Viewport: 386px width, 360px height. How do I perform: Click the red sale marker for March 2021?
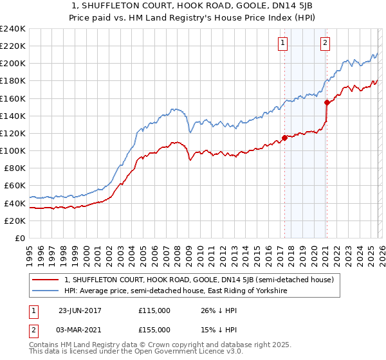tap(327, 102)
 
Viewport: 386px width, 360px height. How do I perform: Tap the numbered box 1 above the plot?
tap(283, 43)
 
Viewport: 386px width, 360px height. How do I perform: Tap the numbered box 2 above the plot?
tap(326, 43)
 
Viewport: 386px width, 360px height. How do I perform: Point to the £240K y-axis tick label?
tap(13, 29)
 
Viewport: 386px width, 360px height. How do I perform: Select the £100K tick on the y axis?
tap(13, 150)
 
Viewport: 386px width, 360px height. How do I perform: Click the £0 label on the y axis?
tap(19, 238)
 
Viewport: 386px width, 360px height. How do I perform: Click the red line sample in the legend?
tap(46, 280)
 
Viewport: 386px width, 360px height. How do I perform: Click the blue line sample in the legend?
tap(46, 291)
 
